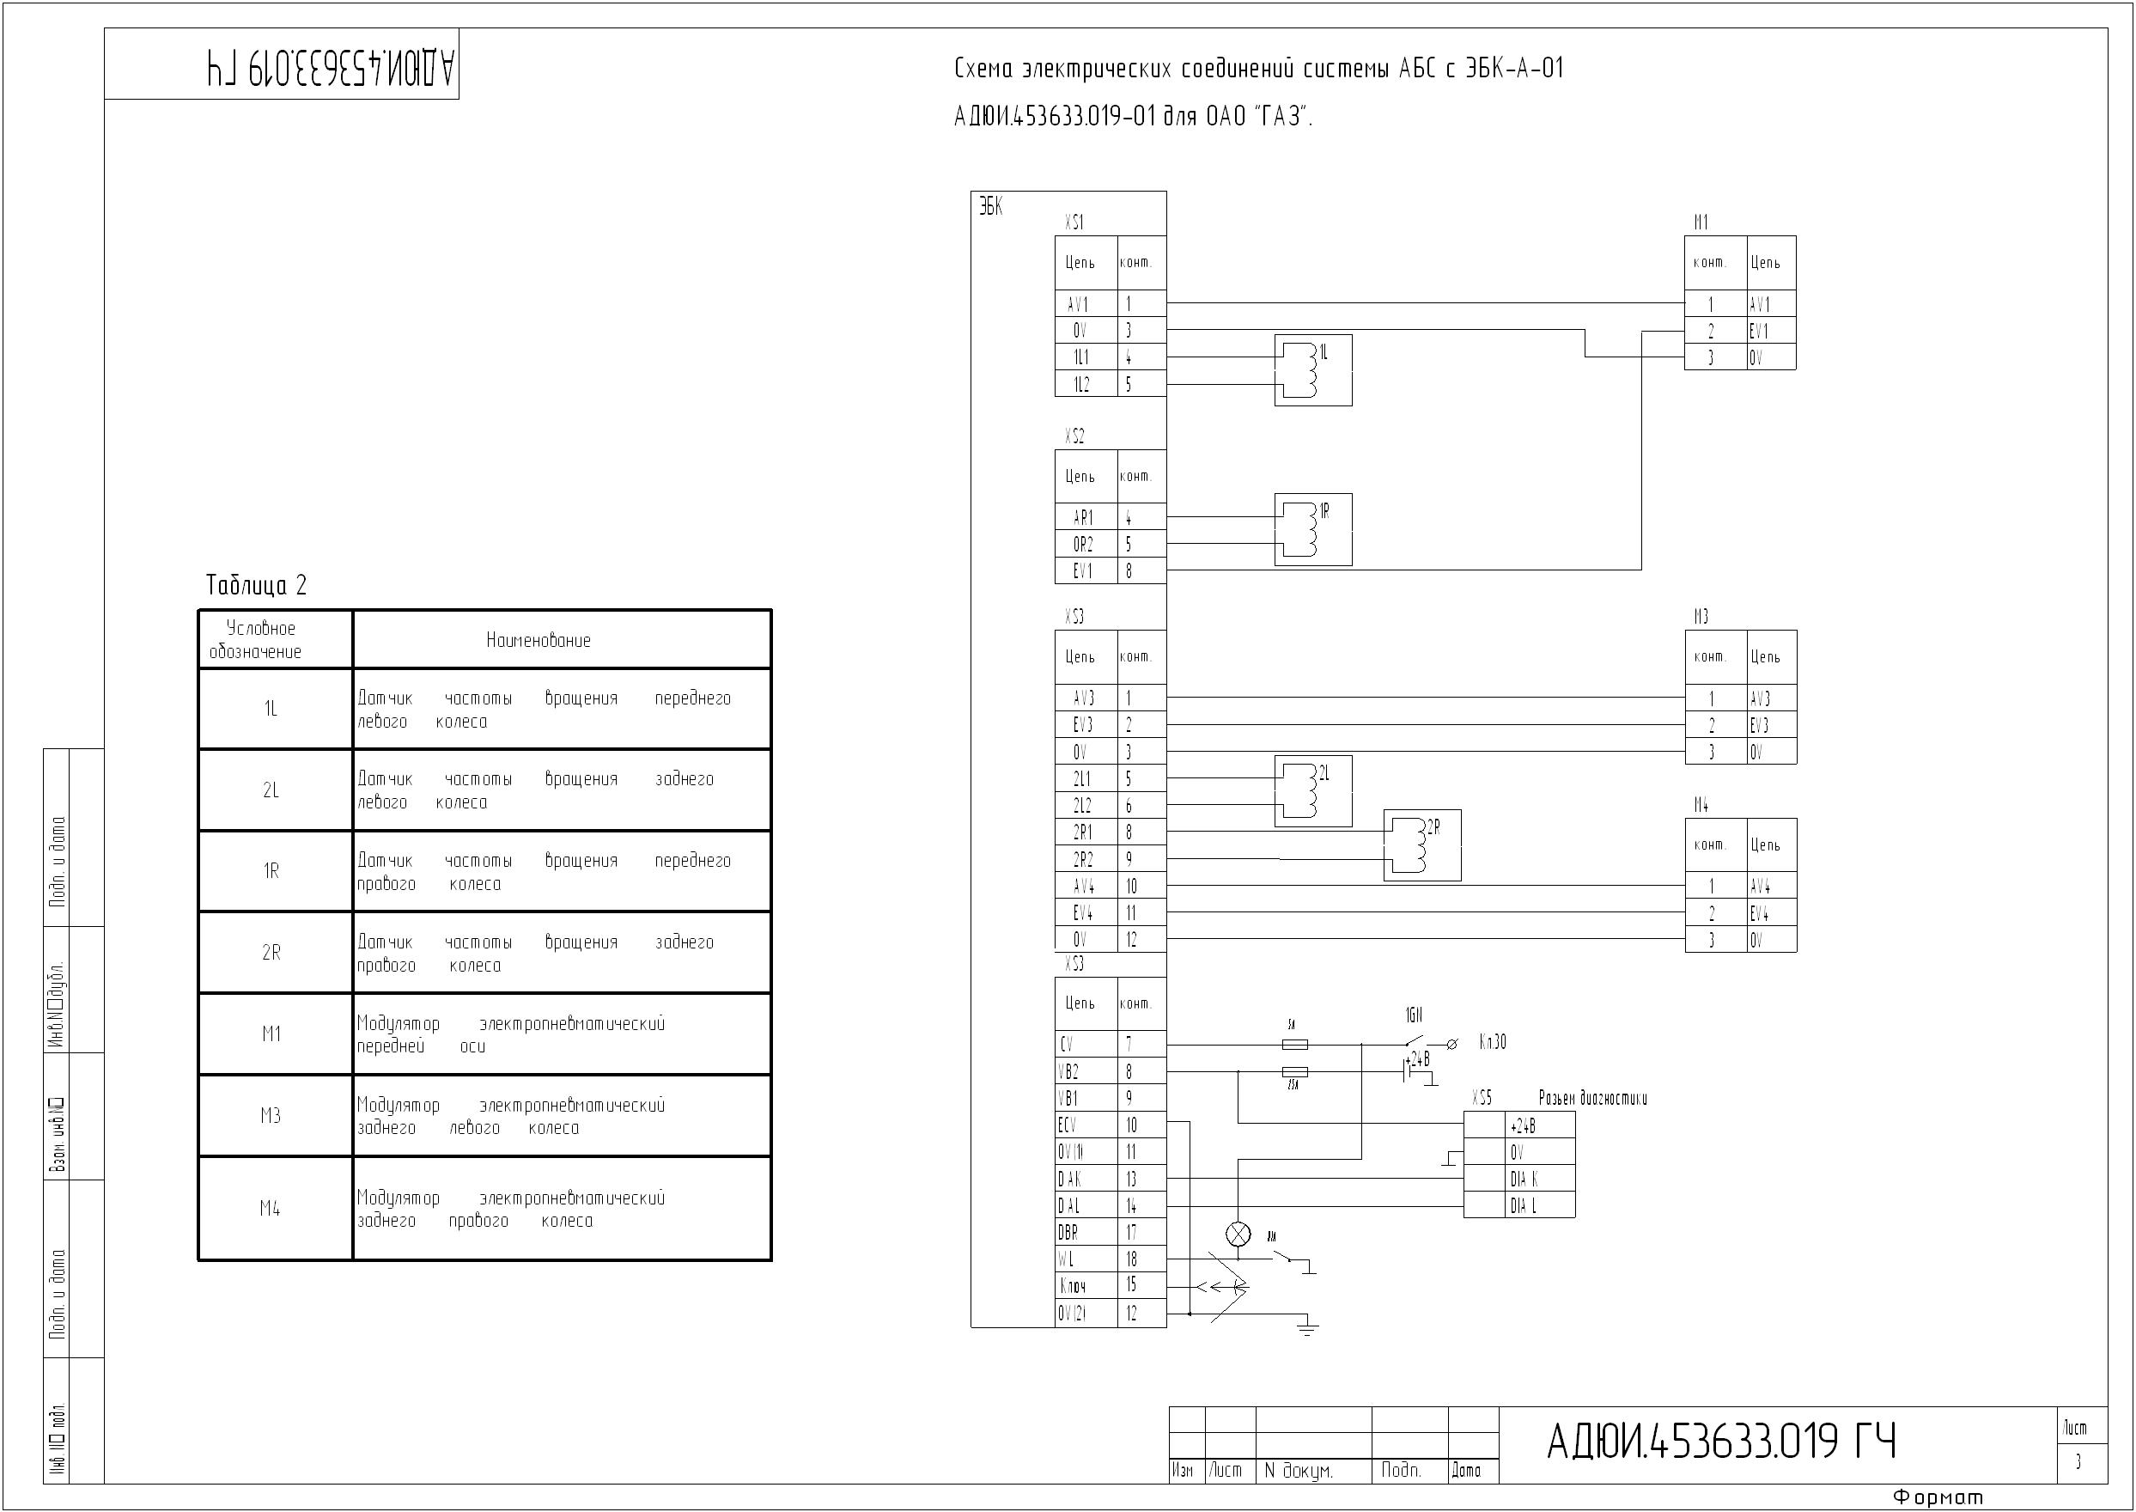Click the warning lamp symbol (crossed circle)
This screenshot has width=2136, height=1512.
(x=1238, y=1235)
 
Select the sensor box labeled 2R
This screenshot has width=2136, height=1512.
(x=1422, y=845)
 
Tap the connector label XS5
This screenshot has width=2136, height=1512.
(x=1482, y=1099)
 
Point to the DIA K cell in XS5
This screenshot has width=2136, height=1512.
(x=1524, y=1179)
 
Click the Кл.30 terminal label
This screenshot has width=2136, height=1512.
(x=1492, y=1043)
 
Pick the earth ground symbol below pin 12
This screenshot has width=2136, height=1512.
(x=1308, y=1326)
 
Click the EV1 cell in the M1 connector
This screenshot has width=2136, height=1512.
(x=1759, y=331)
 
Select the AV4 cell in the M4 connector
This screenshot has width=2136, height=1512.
(x=1760, y=886)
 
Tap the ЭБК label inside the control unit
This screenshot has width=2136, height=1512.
(x=990, y=207)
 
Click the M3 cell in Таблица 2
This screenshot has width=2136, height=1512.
(x=271, y=1115)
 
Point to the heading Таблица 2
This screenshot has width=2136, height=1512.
(x=256, y=586)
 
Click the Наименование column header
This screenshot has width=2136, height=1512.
(x=538, y=641)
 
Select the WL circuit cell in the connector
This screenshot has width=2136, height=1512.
(x=1067, y=1259)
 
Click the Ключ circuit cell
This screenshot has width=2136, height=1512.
(x=1072, y=1287)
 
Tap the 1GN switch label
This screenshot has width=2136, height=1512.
(x=1414, y=1015)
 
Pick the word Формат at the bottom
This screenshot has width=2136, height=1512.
(x=1938, y=1498)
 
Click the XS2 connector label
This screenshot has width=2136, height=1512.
(x=1074, y=436)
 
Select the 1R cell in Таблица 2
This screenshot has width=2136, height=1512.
(x=271, y=871)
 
